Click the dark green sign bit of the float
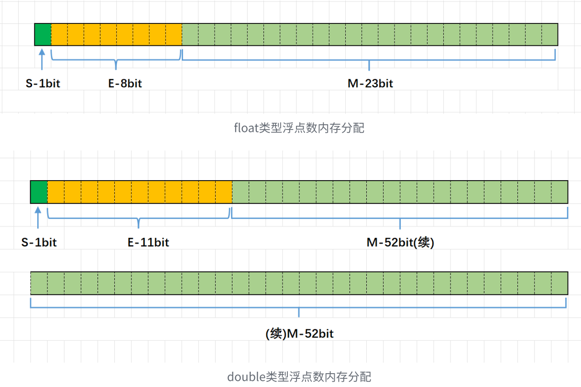click(x=43, y=34)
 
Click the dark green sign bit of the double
click(x=39, y=192)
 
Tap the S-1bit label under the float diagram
click(x=43, y=83)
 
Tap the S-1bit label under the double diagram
click(x=39, y=242)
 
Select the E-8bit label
click(x=125, y=83)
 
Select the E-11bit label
click(x=148, y=242)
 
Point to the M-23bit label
click(x=370, y=83)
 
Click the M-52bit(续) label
click(x=400, y=242)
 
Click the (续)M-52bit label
click(x=299, y=333)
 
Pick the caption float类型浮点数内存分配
click(x=299, y=128)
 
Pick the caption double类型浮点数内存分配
click(x=299, y=376)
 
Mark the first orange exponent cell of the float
click(x=59, y=34)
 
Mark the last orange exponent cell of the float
click(x=174, y=34)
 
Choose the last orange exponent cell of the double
click(x=224, y=192)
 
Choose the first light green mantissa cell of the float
click(x=190, y=34)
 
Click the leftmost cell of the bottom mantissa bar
click(x=39, y=283)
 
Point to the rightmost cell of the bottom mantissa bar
click(x=559, y=283)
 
